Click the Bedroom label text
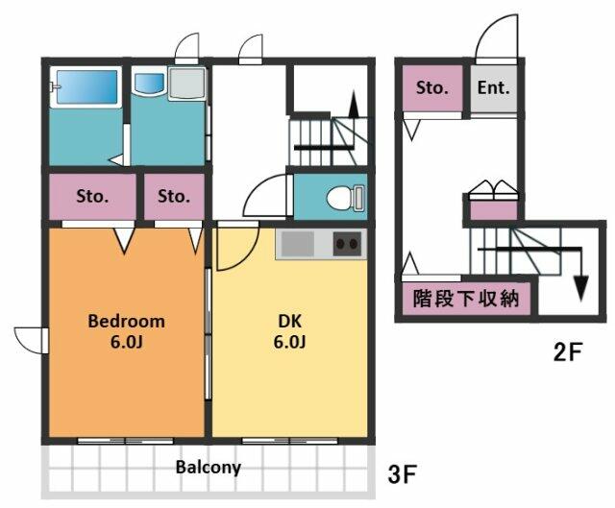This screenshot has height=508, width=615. [x=126, y=322]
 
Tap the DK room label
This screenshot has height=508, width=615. [x=290, y=322]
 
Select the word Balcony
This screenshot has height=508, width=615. [x=208, y=468]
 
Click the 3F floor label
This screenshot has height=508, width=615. [x=402, y=473]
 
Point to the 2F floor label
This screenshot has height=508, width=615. [x=568, y=351]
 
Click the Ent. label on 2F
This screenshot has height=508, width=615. [x=493, y=87]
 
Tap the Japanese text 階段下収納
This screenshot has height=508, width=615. [x=466, y=299]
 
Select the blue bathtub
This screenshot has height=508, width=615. [x=87, y=87]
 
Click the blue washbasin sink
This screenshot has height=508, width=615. [x=149, y=84]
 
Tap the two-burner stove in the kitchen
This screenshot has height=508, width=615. [x=347, y=244]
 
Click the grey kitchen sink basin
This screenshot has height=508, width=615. [x=298, y=244]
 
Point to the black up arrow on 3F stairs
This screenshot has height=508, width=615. [x=354, y=104]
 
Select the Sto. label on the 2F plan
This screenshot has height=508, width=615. [x=431, y=87]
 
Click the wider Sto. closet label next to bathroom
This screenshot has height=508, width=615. [x=92, y=196]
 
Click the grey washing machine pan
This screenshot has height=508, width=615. [x=187, y=84]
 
